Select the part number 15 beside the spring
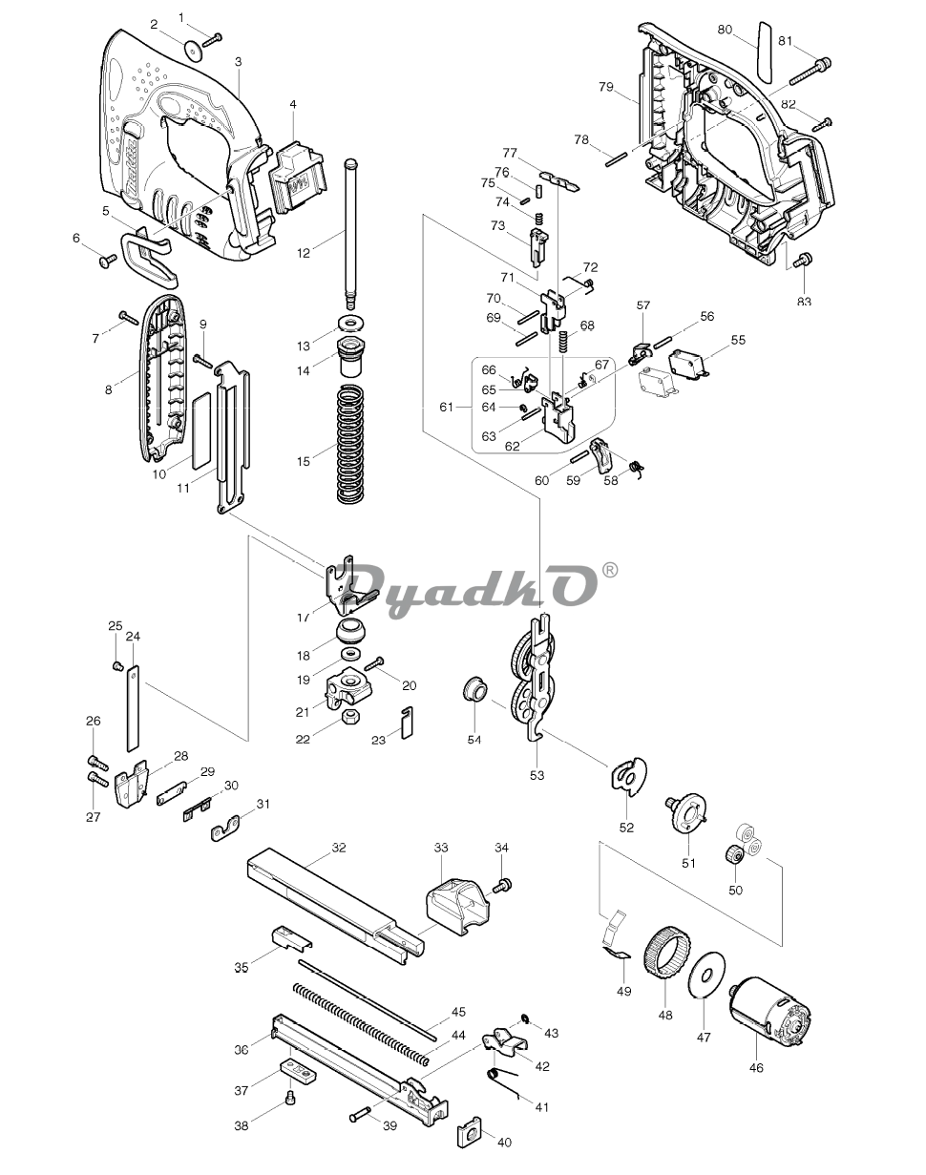[304, 462]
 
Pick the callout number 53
[537, 775]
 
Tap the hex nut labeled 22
[352, 716]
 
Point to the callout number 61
[447, 408]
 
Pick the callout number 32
[338, 848]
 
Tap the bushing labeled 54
[473, 689]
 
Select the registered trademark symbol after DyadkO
[610, 571]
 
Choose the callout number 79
[605, 87]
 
